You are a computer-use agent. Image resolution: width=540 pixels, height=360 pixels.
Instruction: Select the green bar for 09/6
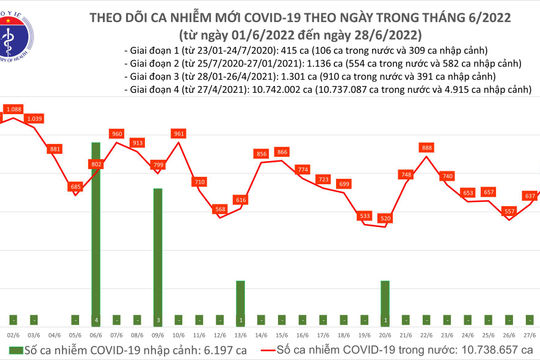click(156, 256)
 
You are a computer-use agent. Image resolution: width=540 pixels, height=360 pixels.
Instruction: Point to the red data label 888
click(427, 147)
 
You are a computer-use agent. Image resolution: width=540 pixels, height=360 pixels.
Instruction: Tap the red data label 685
click(74, 186)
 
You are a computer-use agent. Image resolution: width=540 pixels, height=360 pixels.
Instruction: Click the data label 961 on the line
click(178, 133)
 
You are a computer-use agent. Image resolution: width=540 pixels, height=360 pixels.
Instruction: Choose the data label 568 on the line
click(220, 209)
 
